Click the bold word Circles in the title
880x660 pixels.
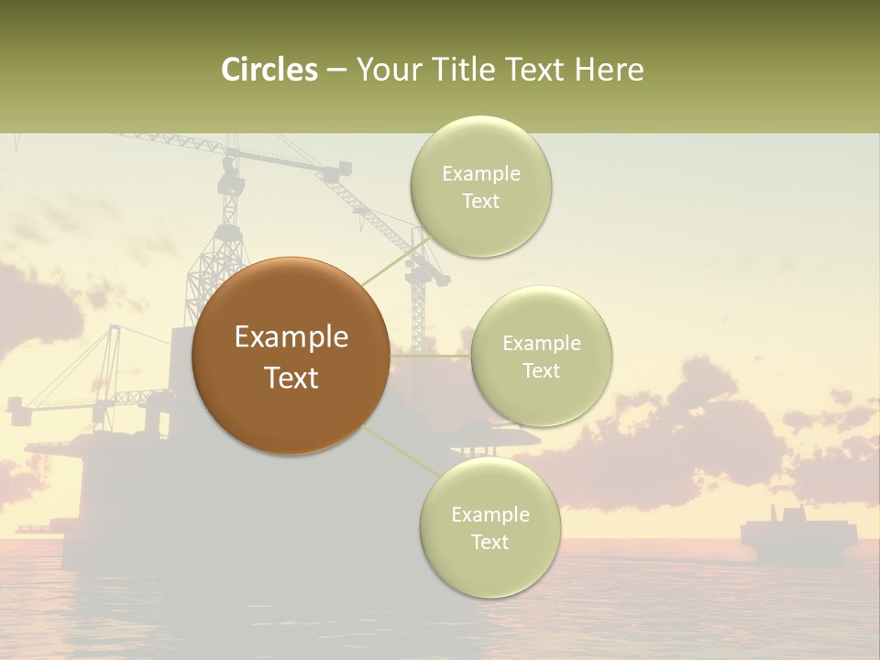[269, 70]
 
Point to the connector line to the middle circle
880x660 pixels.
[431, 356]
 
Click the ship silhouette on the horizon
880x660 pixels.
[798, 536]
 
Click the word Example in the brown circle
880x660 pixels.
[291, 337]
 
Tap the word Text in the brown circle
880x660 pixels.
[291, 377]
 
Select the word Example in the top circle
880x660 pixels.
[480, 174]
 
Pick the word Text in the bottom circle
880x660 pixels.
[489, 542]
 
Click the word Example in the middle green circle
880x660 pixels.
[541, 344]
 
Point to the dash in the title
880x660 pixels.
[336, 70]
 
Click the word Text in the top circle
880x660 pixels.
[480, 202]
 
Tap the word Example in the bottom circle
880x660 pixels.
[489, 514]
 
